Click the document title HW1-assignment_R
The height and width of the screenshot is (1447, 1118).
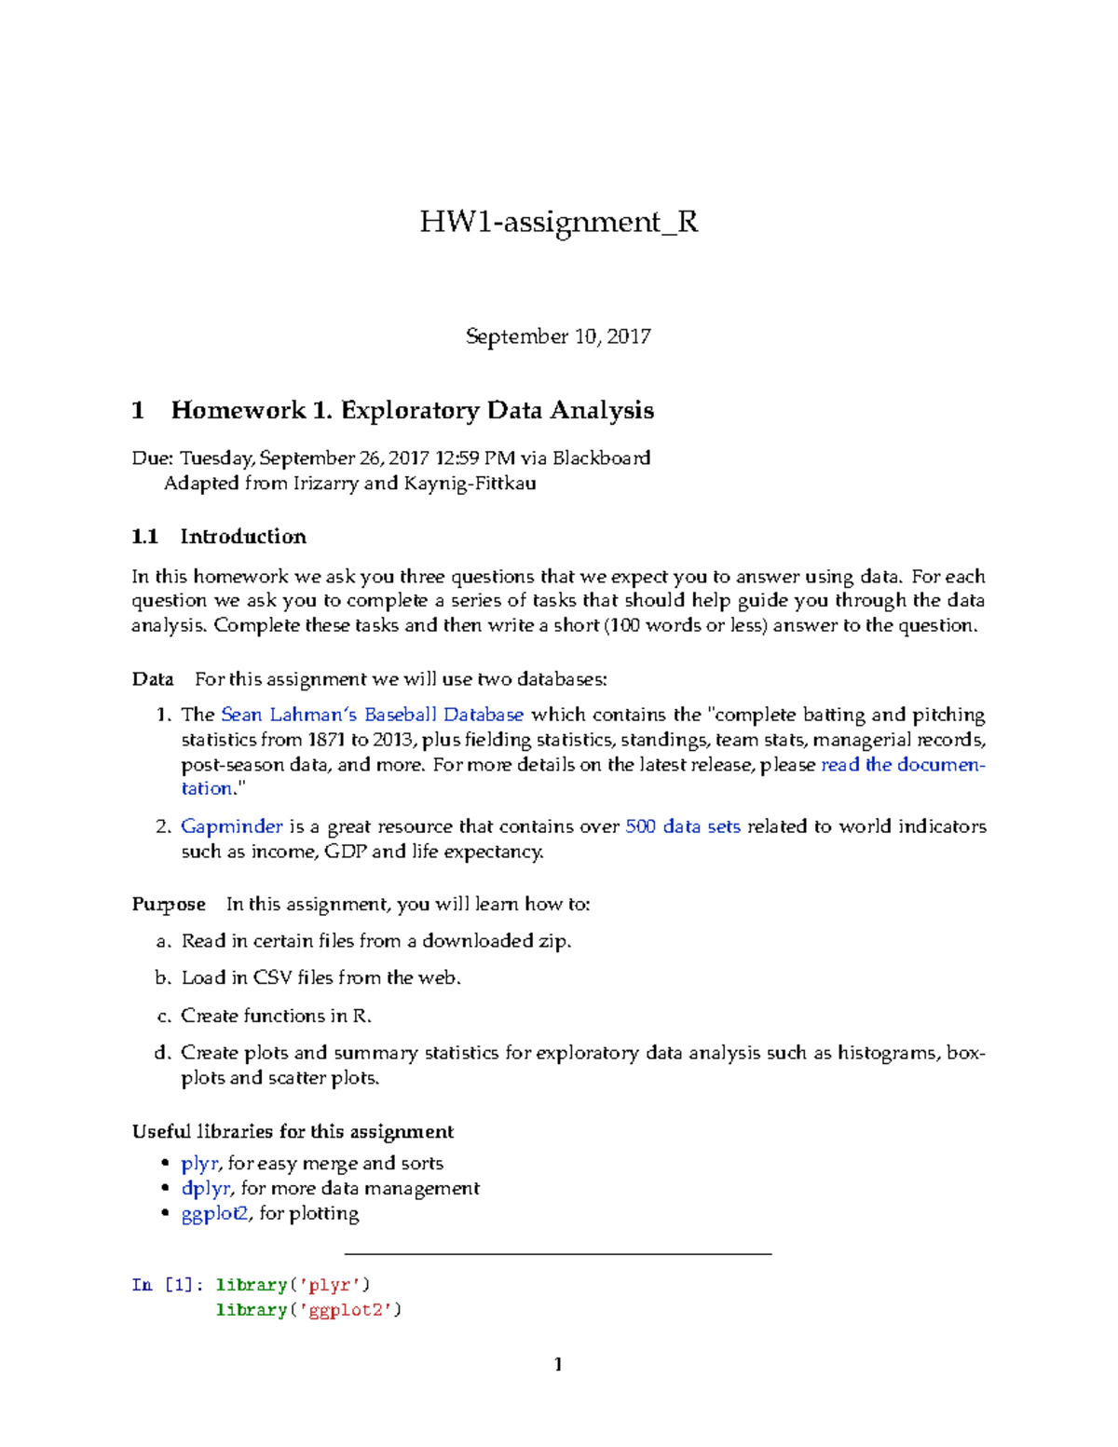click(558, 222)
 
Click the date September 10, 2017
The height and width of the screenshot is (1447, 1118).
click(558, 336)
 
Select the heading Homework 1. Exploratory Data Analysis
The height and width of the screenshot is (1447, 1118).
click(412, 411)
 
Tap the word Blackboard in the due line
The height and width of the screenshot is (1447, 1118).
click(601, 458)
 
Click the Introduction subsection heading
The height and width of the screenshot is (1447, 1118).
click(242, 537)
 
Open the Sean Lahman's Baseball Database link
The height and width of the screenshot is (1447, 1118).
click(372, 716)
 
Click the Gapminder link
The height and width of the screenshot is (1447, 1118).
click(232, 826)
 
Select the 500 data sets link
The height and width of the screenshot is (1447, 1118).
click(683, 826)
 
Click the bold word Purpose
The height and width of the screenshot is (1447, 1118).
click(169, 905)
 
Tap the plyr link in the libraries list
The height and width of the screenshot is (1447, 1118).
click(199, 1164)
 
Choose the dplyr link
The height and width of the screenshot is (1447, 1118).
click(206, 1189)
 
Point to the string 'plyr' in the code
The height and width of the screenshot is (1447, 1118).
click(330, 1285)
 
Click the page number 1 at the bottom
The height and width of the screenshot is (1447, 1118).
click(558, 1365)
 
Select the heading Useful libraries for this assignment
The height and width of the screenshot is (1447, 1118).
click(293, 1132)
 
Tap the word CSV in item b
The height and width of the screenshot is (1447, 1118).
click(273, 978)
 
